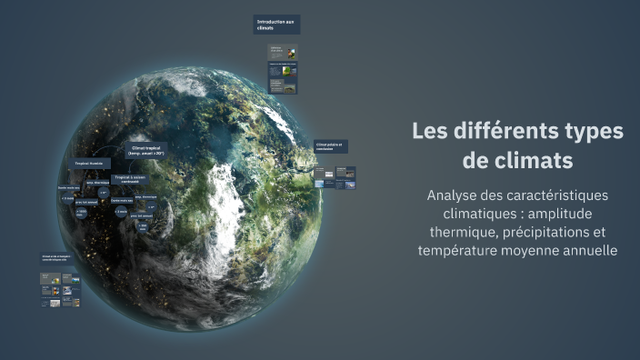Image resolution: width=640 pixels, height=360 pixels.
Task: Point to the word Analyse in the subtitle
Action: tap(454, 195)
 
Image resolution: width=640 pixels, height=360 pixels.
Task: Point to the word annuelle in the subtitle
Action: tap(588, 250)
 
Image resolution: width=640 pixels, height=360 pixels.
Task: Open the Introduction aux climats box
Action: tap(276, 25)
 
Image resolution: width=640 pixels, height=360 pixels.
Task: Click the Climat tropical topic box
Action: tap(147, 151)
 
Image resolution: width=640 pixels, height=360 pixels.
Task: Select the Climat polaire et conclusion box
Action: tap(331, 147)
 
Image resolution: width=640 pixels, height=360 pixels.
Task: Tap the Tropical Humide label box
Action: tap(89, 165)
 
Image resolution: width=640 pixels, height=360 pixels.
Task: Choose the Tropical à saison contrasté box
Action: tap(128, 180)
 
